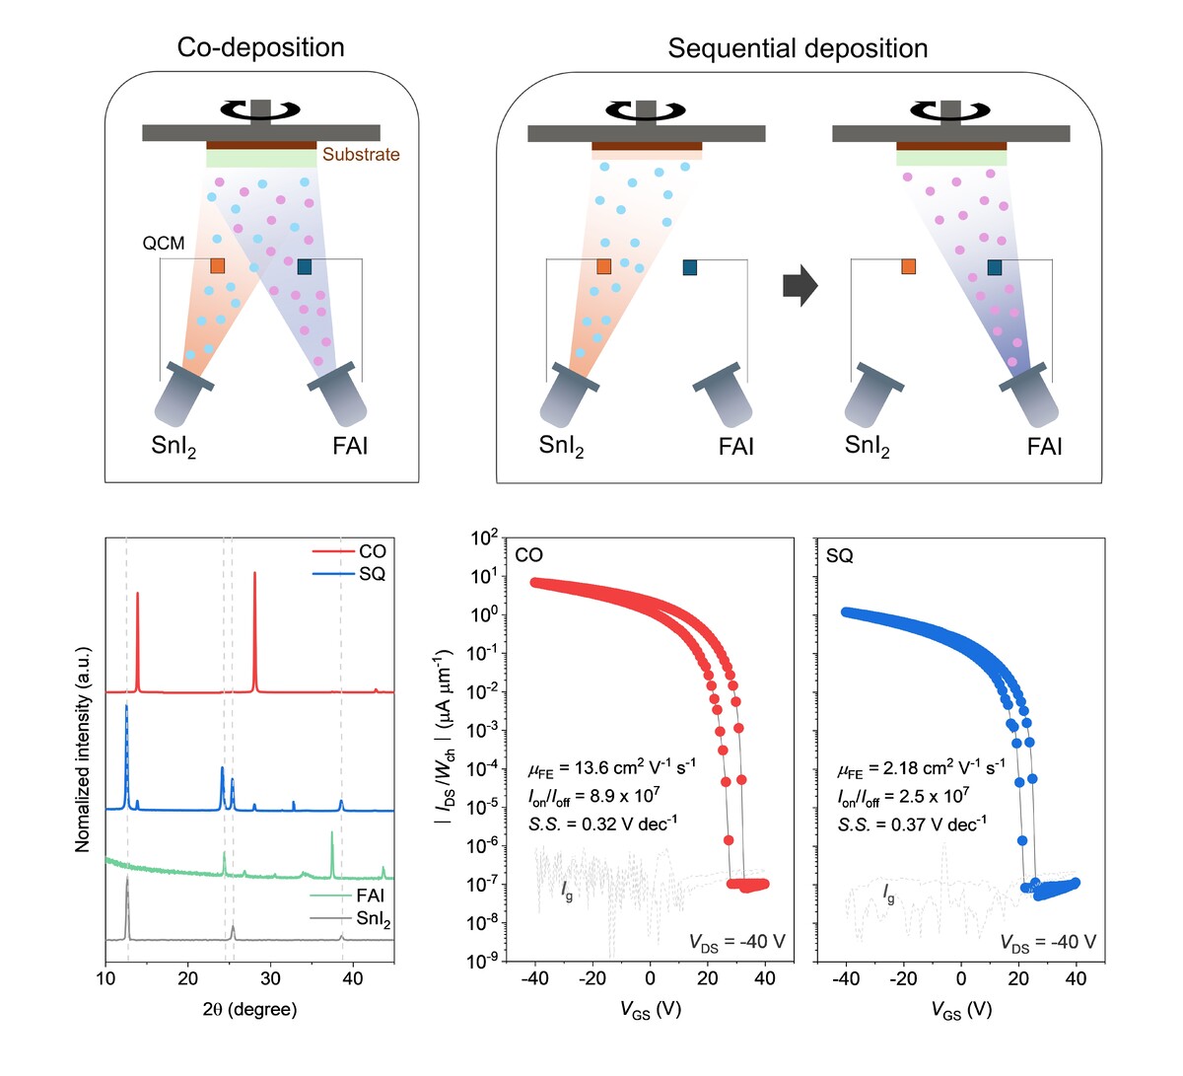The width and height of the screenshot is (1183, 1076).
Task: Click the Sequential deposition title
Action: pos(798,48)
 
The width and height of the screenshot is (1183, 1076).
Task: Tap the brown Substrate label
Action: pos(361,155)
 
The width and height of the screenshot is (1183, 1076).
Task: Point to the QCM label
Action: pos(164,243)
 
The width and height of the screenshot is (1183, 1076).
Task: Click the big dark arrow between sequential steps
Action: pos(800,286)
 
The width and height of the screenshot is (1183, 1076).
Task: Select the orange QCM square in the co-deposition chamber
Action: pos(217,266)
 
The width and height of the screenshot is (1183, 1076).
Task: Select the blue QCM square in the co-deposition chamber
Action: pos(304,266)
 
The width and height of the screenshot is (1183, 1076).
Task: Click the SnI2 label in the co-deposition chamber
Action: pos(174,446)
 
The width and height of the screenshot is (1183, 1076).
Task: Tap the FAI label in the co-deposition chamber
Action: pos(350,446)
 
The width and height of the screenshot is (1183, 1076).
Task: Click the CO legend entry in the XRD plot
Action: pos(372,551)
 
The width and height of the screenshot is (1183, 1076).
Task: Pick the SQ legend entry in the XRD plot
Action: pos(372,574)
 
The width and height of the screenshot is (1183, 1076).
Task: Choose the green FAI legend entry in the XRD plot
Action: pos(370,896)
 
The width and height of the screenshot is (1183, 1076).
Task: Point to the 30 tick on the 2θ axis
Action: pos(270,979)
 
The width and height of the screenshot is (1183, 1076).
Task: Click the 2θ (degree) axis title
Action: pos(249,1009)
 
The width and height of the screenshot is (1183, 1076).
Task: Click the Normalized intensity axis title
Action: pos(83,750)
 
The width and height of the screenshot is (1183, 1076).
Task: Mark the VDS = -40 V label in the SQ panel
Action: pos(1047,942)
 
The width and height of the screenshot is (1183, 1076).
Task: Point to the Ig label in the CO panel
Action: pos(567,891)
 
